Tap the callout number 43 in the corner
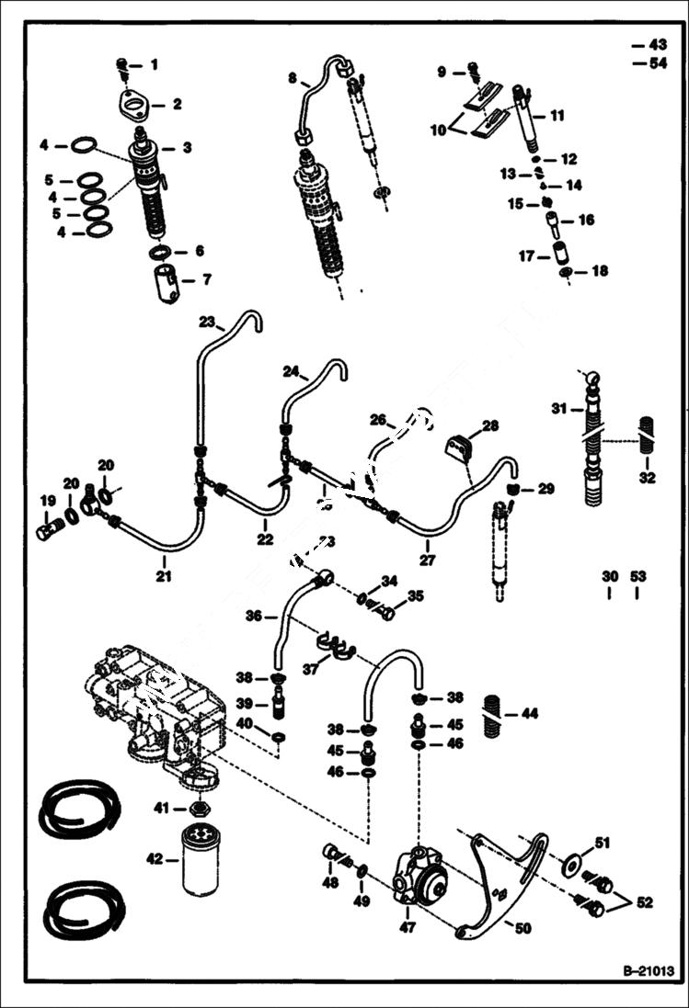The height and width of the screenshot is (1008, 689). coord(658,44)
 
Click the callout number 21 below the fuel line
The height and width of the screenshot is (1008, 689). coord(164,576)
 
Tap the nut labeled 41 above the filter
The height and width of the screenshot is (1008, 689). coord(196,809)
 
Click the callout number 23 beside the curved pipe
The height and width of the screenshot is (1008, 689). coord(206,322)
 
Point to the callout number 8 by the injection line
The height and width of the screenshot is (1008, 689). coord(292,80)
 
